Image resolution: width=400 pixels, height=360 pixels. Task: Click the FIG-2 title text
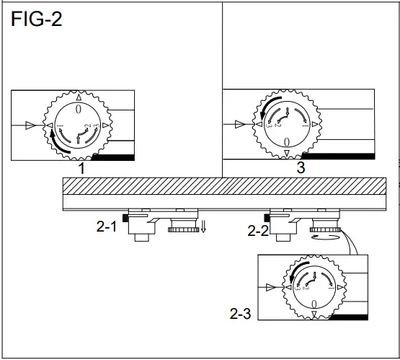(37, 19)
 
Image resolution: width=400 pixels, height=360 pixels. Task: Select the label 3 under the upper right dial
(299, 167)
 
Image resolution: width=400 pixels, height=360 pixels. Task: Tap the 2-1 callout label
(107, 226)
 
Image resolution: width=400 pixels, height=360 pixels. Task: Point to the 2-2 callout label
(258, 231)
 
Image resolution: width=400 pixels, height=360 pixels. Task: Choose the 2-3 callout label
(241, 314)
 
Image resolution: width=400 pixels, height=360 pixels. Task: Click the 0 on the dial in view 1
(79, 108)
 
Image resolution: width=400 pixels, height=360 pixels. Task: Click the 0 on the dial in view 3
(287, 141)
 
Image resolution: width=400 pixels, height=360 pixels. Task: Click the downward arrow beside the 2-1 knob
(204, 228)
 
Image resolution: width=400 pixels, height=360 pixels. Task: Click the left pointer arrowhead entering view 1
(30, 126)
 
